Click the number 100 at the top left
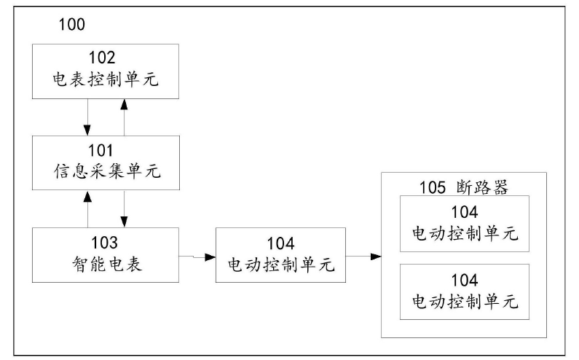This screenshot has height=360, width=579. pos(71,25)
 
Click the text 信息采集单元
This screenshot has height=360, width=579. pos(106,171)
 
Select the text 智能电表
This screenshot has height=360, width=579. pos(106,263)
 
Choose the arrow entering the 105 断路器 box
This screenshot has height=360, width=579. pos(363,257)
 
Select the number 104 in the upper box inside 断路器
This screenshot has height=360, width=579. pos(464,213)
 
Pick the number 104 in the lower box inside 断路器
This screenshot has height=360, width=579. pos(464,281)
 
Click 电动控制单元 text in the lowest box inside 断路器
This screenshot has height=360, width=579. pos(464,301)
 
